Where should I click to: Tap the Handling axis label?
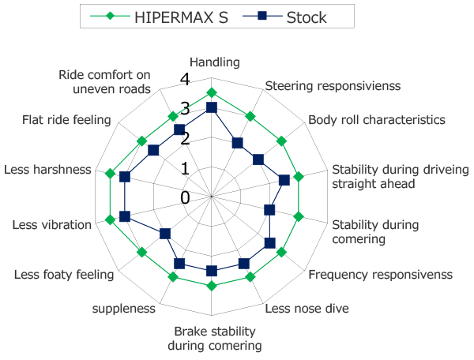[x=216, y=62]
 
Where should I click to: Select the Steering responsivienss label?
[x=333, y=85]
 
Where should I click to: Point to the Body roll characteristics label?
[x=377, y=120]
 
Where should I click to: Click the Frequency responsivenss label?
[x=380, y=275]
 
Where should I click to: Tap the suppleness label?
[x=123, y=309]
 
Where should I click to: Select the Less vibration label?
[x=52, y=225]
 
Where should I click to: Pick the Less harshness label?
[x=47, y=170]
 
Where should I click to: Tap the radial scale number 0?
[x=185, y=197]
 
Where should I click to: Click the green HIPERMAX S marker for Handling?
[x=211, y=92]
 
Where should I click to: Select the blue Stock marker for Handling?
[x=211, y=107]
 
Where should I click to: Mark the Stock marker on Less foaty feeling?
[x=165, y=233]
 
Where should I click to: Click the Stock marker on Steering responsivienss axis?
[x=237, y=143]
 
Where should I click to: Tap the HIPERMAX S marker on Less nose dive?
[x=250, y=276]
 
